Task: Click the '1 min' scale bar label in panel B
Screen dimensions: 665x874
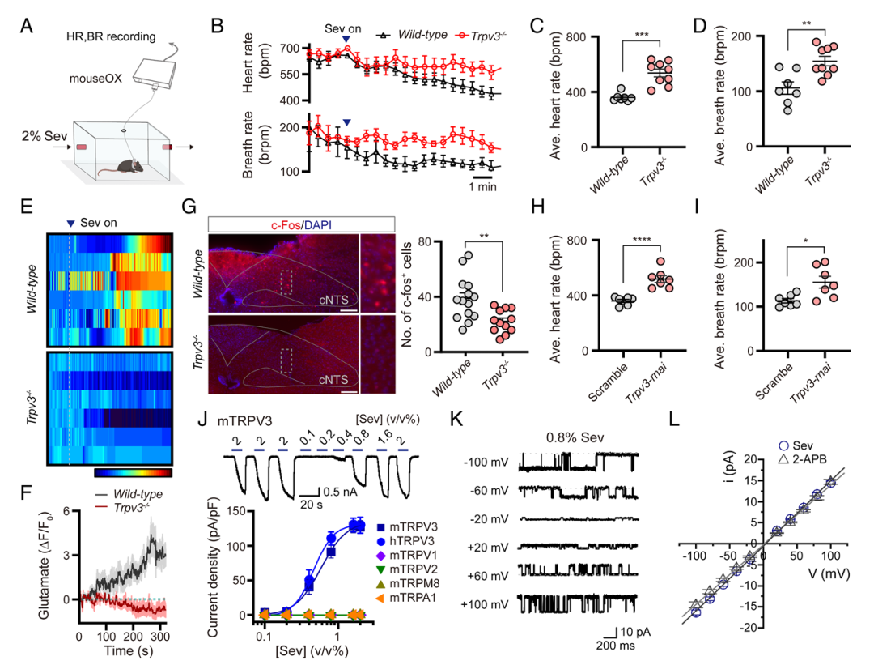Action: coord(482,187)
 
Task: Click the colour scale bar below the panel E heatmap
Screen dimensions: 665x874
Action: coord(133,471)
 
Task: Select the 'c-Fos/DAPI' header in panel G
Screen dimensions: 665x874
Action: coord(301,224)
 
